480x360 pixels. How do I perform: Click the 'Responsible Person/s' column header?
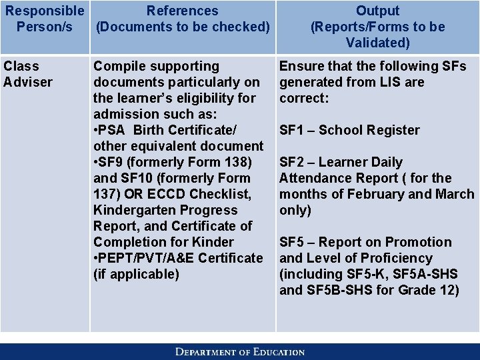(45, 19)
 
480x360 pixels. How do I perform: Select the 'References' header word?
(182, 11)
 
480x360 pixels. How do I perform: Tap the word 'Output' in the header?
(377, 11)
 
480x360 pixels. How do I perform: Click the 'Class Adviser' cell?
(27, 74)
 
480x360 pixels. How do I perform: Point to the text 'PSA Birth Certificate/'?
(167, 130)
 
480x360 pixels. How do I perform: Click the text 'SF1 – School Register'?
(349, 130)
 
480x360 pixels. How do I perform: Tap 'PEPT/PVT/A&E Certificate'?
(181, 258)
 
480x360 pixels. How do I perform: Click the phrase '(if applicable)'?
(136, 274)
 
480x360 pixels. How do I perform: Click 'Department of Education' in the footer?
(240, 351)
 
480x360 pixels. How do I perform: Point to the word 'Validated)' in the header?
(377, 43)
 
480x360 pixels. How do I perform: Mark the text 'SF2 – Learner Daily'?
(341, 162)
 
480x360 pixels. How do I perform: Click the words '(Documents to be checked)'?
(183, 27)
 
